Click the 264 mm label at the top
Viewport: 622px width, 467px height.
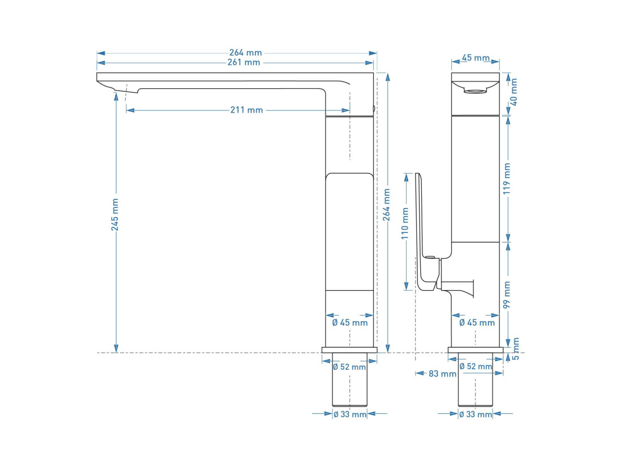[245, 53]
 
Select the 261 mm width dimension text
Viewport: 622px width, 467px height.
[244, 62]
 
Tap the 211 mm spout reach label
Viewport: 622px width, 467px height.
[247, 110]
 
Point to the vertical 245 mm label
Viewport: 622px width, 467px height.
[115, 215]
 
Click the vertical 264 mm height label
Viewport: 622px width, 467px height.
[386, 205]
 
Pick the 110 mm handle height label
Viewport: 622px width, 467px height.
[405, 223]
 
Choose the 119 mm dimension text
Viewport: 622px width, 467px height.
[507, 179]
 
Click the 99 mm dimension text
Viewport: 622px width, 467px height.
[507, 295]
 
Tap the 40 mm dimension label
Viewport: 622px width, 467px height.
[513, 92]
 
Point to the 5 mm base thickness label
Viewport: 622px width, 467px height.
[516, 349]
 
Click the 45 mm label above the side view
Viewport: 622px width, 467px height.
[476, 58]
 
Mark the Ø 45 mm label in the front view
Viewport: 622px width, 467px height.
[350, 323]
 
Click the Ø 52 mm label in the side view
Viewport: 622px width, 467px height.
[476, 366]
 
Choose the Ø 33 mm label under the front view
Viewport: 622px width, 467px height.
[350, 414]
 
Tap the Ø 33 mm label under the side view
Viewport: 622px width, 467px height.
[476, 414]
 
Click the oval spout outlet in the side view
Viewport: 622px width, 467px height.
[475, 91]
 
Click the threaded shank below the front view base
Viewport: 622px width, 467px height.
[349, 379]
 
